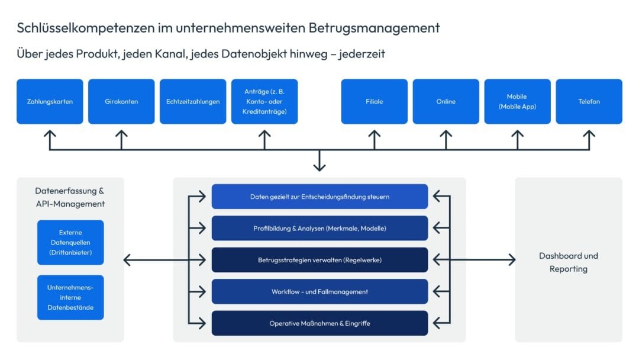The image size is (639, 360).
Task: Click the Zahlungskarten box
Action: click(50, 101)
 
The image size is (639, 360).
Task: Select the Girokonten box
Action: click(121, 101)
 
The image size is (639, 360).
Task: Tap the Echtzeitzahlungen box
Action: click(193, 101)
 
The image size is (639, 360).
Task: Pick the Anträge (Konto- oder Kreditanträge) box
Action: click(264, 101)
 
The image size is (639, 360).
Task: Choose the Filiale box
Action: click(374, 101)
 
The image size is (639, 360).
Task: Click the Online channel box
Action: click(446, 101)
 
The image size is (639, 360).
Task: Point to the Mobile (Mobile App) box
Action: click(517, 101)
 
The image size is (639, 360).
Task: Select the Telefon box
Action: click(589, 101)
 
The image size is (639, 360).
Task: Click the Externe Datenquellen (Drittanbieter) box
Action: click(70, 242)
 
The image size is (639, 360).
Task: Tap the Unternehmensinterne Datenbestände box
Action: click(70, 297)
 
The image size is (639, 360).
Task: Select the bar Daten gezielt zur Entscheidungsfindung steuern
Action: click(319, 197)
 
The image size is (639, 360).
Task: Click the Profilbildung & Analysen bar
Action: click(319, 228)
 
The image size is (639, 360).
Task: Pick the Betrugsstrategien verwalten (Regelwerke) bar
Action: click(319, 260)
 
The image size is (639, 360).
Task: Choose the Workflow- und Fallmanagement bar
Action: click(319, 291)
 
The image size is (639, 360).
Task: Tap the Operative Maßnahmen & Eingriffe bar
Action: click(319, 323)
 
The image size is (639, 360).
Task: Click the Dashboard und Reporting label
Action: click(568, 262)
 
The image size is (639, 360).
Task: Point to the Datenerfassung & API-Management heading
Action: click(70, 197)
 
